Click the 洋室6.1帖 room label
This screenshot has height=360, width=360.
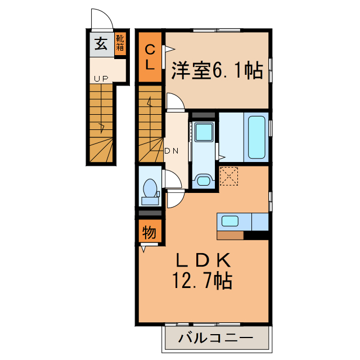pyautogui.click(x=217, y=70)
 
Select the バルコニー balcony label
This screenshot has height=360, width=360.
pyautogui.click(x=215, y=339)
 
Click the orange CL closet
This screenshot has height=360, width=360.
pyautogui.click(x=151, y=56)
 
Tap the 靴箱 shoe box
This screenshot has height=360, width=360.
pyautogui.click(x=120, y=44)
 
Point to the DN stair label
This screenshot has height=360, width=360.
pyautogui.click(x=171, y=151)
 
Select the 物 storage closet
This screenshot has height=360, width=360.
pyautogui.click(x=148, y=231)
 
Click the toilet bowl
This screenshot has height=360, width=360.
pyautogui.click(x=150, y=188)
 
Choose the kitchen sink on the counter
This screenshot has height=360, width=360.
pyautogui.click(x=231, y=220)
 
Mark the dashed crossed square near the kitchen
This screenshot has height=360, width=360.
pyautogui.click(x=229, y=175)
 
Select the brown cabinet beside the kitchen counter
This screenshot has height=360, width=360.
pyautogui.click(x=229, y=235)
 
